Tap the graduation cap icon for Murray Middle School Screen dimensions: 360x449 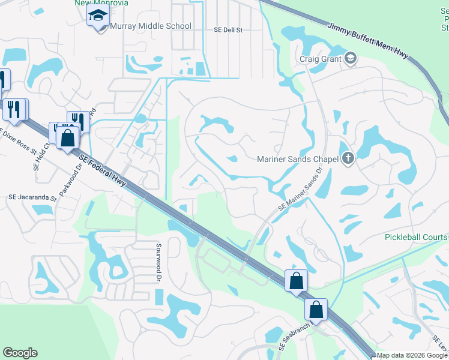96,17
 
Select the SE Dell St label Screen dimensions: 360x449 228,29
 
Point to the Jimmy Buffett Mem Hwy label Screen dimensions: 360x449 368,40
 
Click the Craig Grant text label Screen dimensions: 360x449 320,59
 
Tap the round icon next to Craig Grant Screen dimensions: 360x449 351,58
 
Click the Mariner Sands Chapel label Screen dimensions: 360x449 298,159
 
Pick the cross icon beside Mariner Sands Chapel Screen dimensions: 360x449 348,159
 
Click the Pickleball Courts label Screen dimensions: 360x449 417,237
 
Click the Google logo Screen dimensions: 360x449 20,353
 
